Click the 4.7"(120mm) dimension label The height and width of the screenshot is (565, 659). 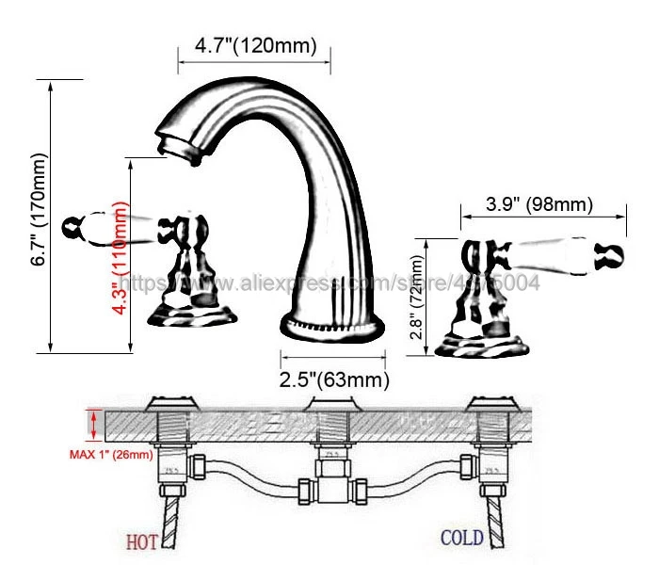tap(253, 45)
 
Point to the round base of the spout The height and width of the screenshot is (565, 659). tap(333, 329)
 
